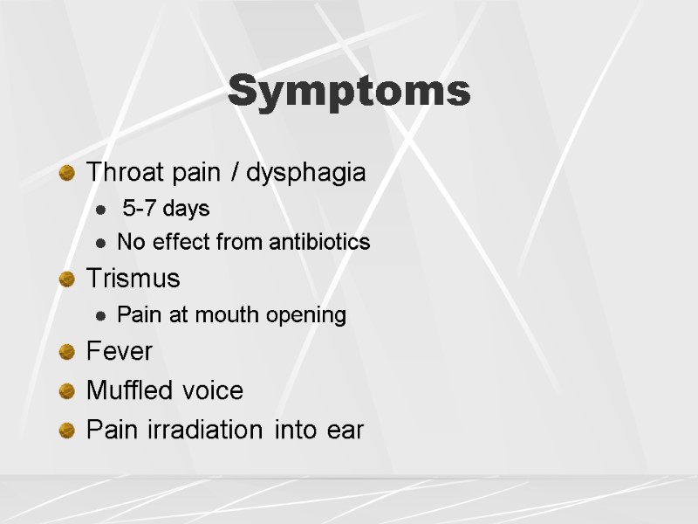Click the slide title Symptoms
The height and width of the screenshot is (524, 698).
coord(349,92)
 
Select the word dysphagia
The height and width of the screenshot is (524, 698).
coord(305,173)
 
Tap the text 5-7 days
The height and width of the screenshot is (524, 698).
coord(166,210)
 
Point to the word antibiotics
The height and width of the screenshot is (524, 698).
coord(318,242)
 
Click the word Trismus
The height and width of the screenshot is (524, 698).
coord(133,279)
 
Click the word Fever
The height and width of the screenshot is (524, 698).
coord(119,352)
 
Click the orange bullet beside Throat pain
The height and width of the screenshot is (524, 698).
coord(66,173)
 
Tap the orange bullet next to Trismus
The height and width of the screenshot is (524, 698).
coord(66,279)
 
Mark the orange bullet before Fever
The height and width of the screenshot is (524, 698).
coord(66,352)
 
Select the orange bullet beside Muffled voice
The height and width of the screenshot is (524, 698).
coord(66,390)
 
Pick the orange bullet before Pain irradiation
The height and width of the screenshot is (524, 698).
coord(66,430)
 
